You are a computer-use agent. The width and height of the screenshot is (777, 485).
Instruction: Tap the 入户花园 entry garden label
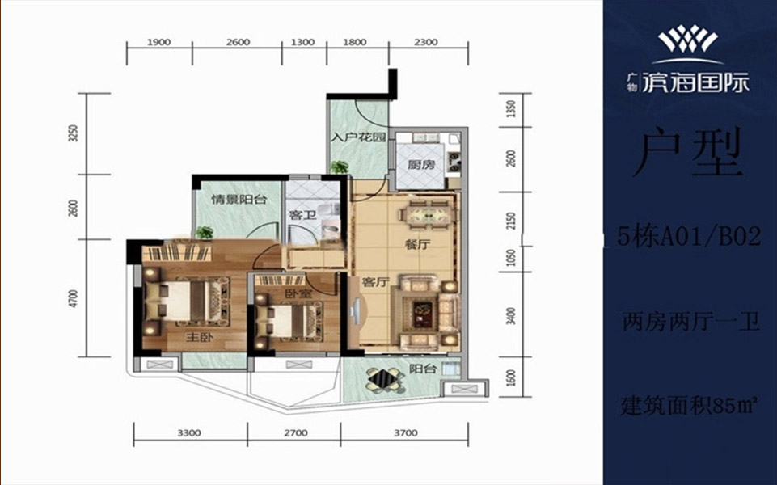pos(358,137)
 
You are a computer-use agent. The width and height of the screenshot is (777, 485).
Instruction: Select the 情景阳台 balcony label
pos(239,200)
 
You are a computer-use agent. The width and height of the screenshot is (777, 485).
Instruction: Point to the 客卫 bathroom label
pos(302,215)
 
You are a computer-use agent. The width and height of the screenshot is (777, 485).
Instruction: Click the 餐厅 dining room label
pos(416,244)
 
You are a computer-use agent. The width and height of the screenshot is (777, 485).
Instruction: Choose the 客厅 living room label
pos(375,282)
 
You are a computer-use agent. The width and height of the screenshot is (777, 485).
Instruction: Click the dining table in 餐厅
pos(429,214)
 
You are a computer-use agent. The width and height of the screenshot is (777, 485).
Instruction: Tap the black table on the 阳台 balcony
pos(386,380)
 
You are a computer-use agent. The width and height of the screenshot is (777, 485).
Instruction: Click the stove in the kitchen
pos(454,158)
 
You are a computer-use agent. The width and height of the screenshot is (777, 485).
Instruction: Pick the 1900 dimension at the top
pos(159,43)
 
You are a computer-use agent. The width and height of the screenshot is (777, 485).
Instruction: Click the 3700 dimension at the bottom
pos(405,433)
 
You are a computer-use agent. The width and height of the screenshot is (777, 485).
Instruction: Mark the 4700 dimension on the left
pos(74,299)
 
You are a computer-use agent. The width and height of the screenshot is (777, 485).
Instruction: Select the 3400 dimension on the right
pos(512,316)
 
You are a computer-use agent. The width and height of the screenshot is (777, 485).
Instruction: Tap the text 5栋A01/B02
pos(690,237)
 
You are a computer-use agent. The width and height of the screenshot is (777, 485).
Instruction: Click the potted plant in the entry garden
pos(340,167)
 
